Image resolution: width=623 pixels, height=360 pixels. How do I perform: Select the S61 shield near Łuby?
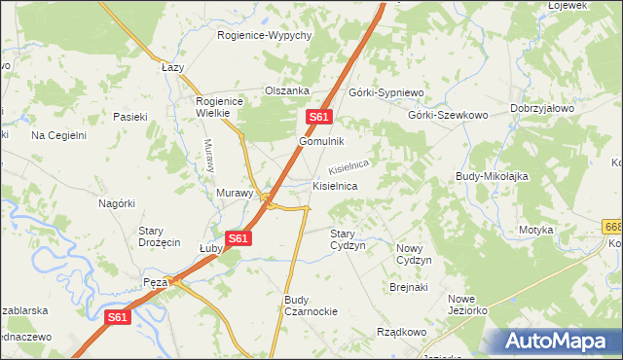(239, 237)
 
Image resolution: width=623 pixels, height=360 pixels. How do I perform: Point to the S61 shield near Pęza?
(117, 317)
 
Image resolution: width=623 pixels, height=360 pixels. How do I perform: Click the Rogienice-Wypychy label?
(263, 36)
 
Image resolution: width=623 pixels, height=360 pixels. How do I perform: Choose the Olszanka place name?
(287, 91)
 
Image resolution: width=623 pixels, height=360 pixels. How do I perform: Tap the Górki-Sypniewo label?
(387, 92)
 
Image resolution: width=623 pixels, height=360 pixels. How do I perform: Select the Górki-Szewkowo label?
(448, 114)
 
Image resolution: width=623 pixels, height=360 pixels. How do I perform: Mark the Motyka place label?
(535, 230)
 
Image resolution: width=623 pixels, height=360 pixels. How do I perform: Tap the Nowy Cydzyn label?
(414, 254)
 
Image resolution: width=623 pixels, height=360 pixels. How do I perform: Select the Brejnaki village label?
(409, 287)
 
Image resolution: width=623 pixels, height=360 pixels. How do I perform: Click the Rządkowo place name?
(401, 332)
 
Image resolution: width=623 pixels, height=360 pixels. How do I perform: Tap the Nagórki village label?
(116, 203)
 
